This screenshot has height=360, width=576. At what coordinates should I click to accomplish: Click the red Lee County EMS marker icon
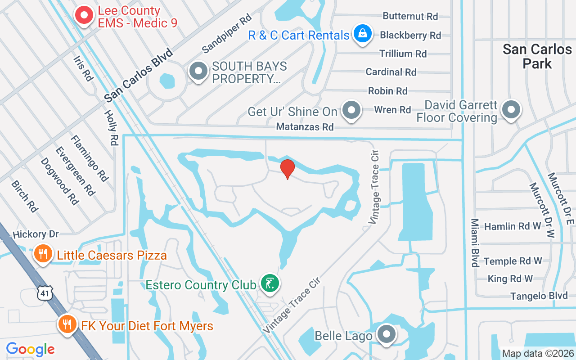tap(84, 16)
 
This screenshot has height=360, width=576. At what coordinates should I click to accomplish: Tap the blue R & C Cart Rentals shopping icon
tap(362, 34)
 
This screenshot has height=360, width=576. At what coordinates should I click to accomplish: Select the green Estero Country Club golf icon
tap(270, 283)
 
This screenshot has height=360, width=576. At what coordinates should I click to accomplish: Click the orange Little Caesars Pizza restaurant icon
tap(43, 254)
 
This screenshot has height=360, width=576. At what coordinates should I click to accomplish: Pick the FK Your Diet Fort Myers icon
tap(67, 324)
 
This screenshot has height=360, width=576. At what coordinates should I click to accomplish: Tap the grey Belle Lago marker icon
tap(386, 334)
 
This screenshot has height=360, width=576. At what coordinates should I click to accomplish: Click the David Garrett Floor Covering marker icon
tap(511, 109)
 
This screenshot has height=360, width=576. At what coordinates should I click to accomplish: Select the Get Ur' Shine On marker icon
tap(351, 109)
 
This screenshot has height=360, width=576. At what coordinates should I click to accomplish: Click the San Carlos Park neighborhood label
tap(537, 56)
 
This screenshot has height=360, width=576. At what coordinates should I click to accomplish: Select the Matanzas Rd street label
tap(305, 127)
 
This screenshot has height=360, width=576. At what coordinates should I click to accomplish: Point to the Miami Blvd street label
tap(475, 243)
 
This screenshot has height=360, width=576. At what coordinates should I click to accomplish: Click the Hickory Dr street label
tap(36, 234)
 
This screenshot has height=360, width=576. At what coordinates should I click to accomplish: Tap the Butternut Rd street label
tap(410, 16)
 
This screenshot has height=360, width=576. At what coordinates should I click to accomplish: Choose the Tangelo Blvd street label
tap(539, 296)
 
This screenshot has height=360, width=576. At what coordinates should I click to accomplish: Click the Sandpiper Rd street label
tap(226, 32)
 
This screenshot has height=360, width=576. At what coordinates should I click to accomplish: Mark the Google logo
tap(30, 349)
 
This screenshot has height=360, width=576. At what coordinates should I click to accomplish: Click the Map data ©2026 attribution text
tap(538, 353)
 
